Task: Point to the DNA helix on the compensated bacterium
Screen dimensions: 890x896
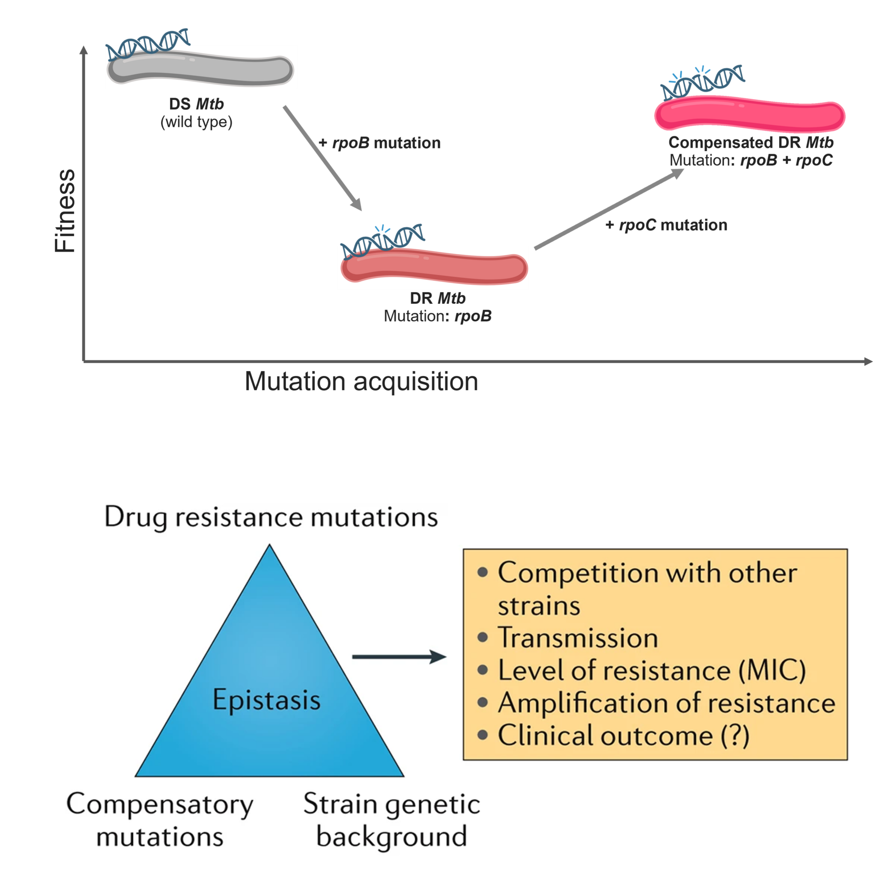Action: [702, 83]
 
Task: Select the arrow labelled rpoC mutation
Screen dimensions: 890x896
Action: [609, 209]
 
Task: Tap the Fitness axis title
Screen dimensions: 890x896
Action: [65, 211]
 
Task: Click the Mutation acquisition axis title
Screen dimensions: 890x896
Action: [361, 382]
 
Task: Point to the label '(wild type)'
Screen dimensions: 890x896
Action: [196, 122]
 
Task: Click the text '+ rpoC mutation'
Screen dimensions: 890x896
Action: [666, 225]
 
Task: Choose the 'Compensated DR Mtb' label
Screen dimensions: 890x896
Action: [751, 142]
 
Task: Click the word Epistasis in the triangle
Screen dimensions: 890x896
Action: [266, 700]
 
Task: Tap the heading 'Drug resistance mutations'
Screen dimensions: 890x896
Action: [271, 517]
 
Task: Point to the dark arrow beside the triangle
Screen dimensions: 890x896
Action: [399, 657]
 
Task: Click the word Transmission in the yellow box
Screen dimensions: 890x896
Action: [578, 637]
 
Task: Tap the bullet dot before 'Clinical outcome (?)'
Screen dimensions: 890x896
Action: [483, 735]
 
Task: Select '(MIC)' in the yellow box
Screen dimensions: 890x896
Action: [772, 670]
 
